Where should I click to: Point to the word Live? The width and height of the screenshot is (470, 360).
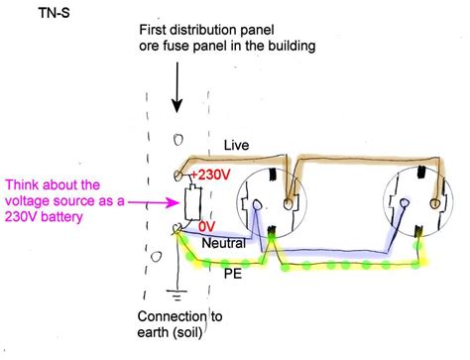[236, 145]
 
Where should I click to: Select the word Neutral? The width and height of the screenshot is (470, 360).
[223, 242]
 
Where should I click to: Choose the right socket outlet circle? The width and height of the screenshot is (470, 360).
[414, 209]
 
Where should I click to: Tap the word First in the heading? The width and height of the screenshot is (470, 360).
[159, 26]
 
